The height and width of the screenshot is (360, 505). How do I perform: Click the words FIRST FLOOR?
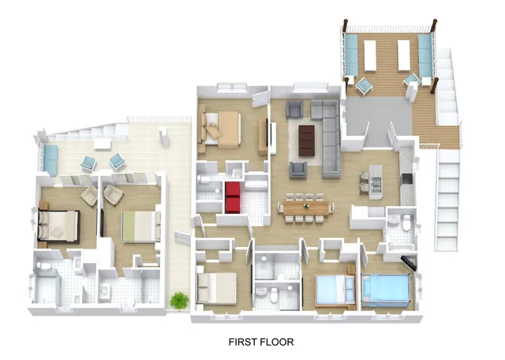pos(260,342)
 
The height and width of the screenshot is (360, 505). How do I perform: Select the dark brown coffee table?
pos(307,140)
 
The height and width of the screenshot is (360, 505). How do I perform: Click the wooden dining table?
pos(305,207)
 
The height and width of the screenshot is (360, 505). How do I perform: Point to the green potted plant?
pos(180,300)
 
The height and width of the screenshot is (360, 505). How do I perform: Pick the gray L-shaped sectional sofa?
pos(329,134)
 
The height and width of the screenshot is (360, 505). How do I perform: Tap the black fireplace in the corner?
pos(409,261)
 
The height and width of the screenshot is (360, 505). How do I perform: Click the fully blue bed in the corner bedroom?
pos(387,290)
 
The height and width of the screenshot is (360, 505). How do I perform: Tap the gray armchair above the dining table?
pos(298,168)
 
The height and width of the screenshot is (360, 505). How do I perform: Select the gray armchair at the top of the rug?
pos(295,109)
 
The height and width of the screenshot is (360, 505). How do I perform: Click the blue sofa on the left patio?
pos(48,159)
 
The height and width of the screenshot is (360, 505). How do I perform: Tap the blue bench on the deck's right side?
pos(425,53)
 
